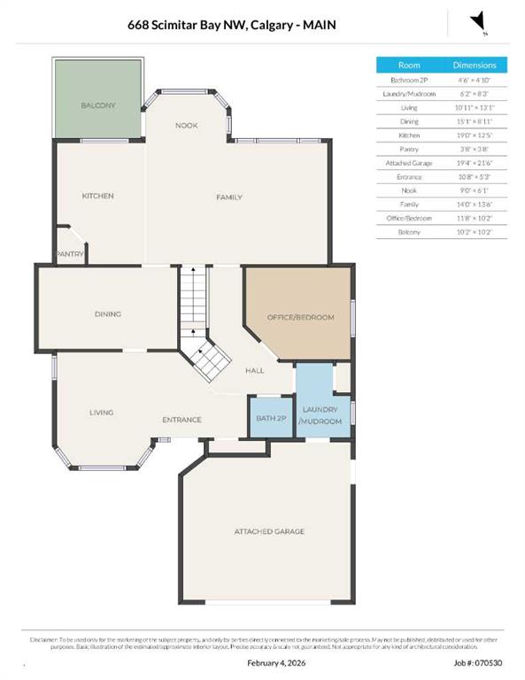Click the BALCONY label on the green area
98,105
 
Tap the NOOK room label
186,126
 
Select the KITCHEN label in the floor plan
98,196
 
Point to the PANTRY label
70,254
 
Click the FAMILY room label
229,197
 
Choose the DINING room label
108,313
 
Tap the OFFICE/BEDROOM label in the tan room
300,316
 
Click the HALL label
255,372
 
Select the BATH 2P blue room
270,418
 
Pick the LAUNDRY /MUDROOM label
320,414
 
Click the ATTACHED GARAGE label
269,531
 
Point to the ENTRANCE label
181,420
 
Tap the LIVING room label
101,412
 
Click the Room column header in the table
409,65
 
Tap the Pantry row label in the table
409,150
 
